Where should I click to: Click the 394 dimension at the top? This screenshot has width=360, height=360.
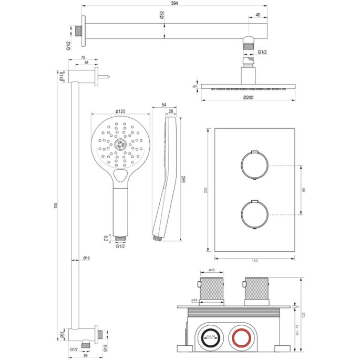(x=173, y=3)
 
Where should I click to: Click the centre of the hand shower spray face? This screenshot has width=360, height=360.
(x=121, y=144)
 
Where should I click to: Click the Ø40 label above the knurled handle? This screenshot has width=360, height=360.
(x=211, y=270)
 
